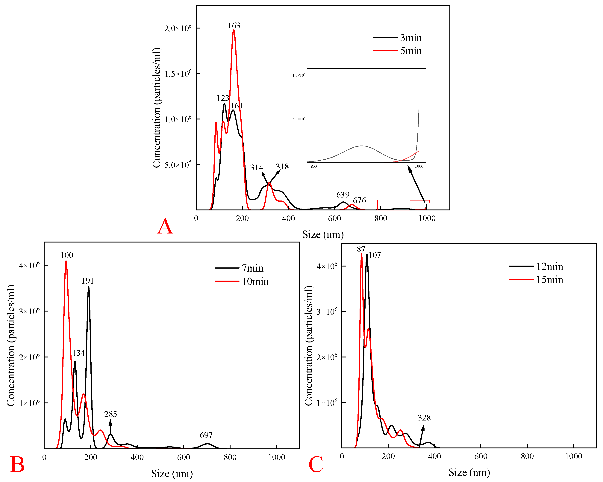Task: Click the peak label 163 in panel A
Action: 234,26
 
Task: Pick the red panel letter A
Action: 165,226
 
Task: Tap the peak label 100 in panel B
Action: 67,255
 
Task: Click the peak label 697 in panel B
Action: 206,435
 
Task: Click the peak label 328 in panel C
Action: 424,418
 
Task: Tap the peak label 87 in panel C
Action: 361,249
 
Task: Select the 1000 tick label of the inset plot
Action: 419,166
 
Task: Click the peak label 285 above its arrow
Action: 110,414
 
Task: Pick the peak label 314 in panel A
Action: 257,167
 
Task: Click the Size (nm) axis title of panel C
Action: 469,472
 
